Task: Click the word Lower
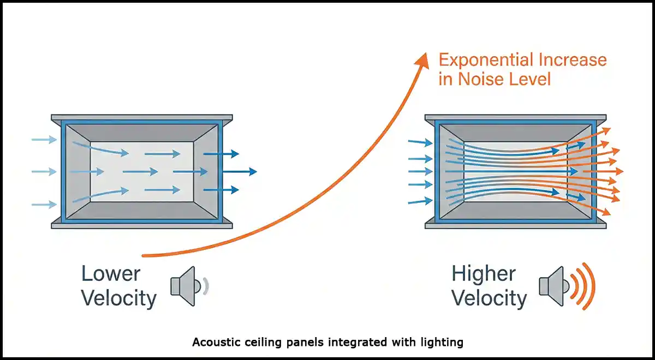click(x=111, y=273)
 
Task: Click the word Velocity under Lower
click(x=119, y=298)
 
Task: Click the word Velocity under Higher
click(x=490, y=298)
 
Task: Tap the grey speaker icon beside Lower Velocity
click(x=183, y=285)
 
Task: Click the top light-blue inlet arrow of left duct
click(x=44, y=140)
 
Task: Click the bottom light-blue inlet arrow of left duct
click(x=44, y=205)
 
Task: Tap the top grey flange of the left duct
click(x=142, y=118)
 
